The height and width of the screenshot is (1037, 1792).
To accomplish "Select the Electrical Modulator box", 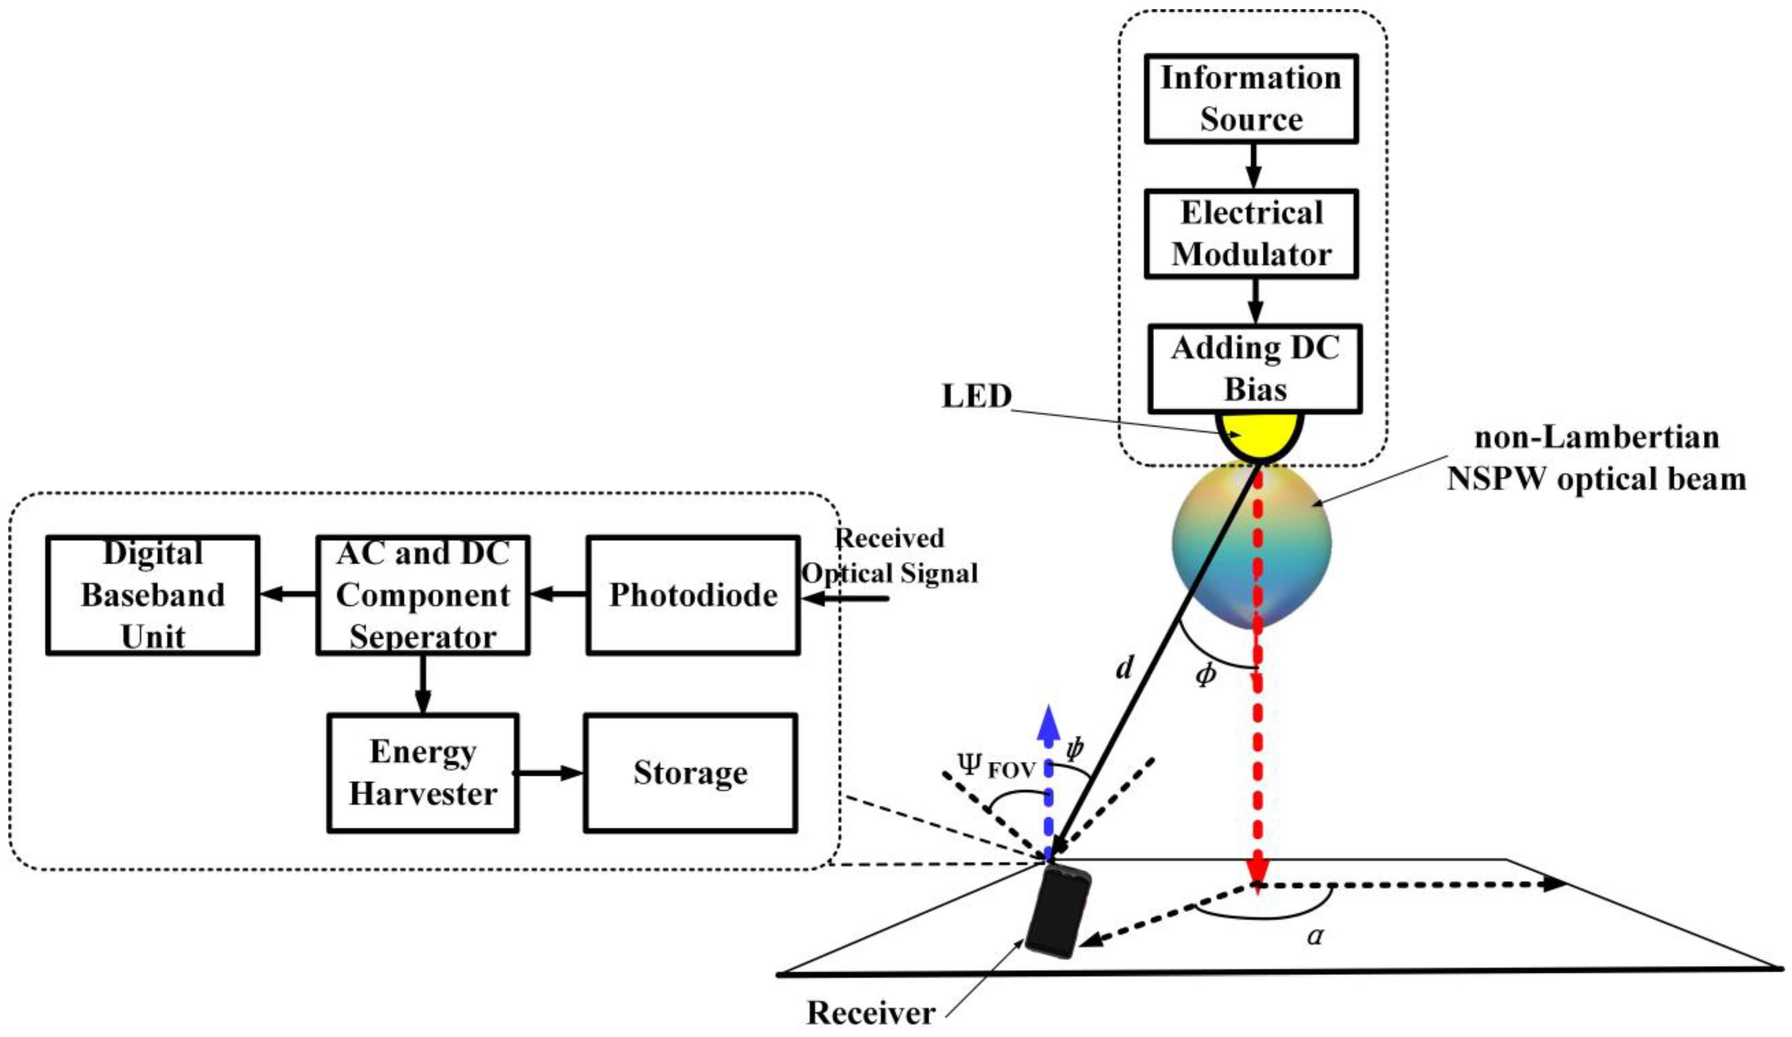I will (x=1251, y=234).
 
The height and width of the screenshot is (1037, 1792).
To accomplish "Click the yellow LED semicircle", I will (x=1259, y=434).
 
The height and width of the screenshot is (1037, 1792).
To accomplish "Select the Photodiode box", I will (x=693, y=595).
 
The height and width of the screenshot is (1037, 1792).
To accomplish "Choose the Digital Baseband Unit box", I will (x=152, y=595).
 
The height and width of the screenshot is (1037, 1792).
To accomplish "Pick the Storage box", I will (x=690, y=772).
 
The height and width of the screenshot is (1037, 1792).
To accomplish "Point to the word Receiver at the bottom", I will (x=870, y=1012).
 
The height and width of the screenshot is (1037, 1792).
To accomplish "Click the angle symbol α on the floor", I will (x=1315, y=935).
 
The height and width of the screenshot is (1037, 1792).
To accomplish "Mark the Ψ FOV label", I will (x=996, y=768).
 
